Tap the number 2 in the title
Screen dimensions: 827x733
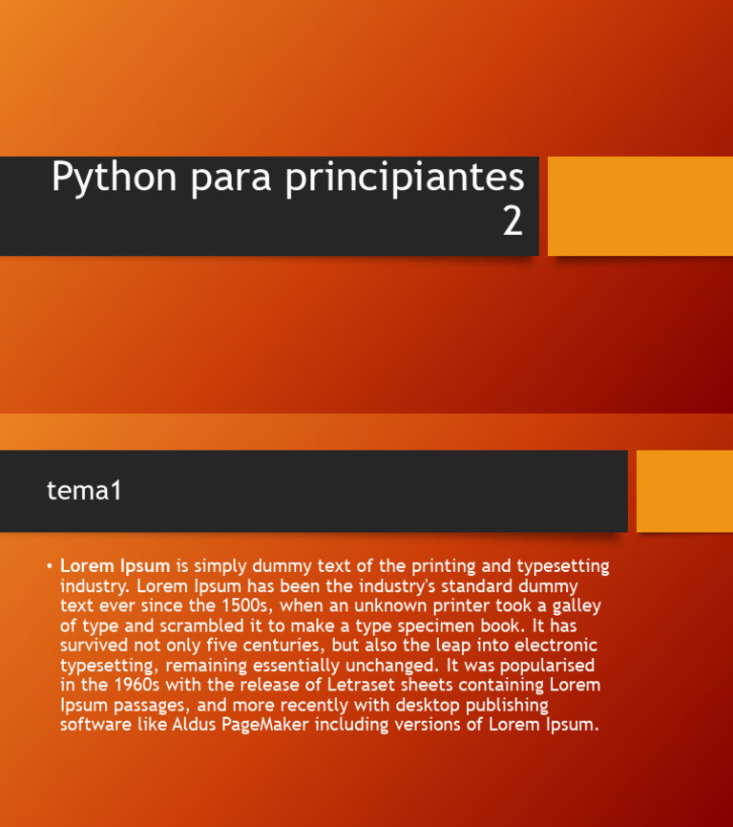point(513,222)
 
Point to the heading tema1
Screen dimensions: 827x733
point(85,491)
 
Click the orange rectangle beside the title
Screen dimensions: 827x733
point(639,206)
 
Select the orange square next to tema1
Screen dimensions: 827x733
point(683,491)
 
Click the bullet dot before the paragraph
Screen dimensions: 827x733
point(49,566)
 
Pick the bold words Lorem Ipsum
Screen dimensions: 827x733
point(115,566)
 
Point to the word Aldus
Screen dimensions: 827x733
point(195,725)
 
